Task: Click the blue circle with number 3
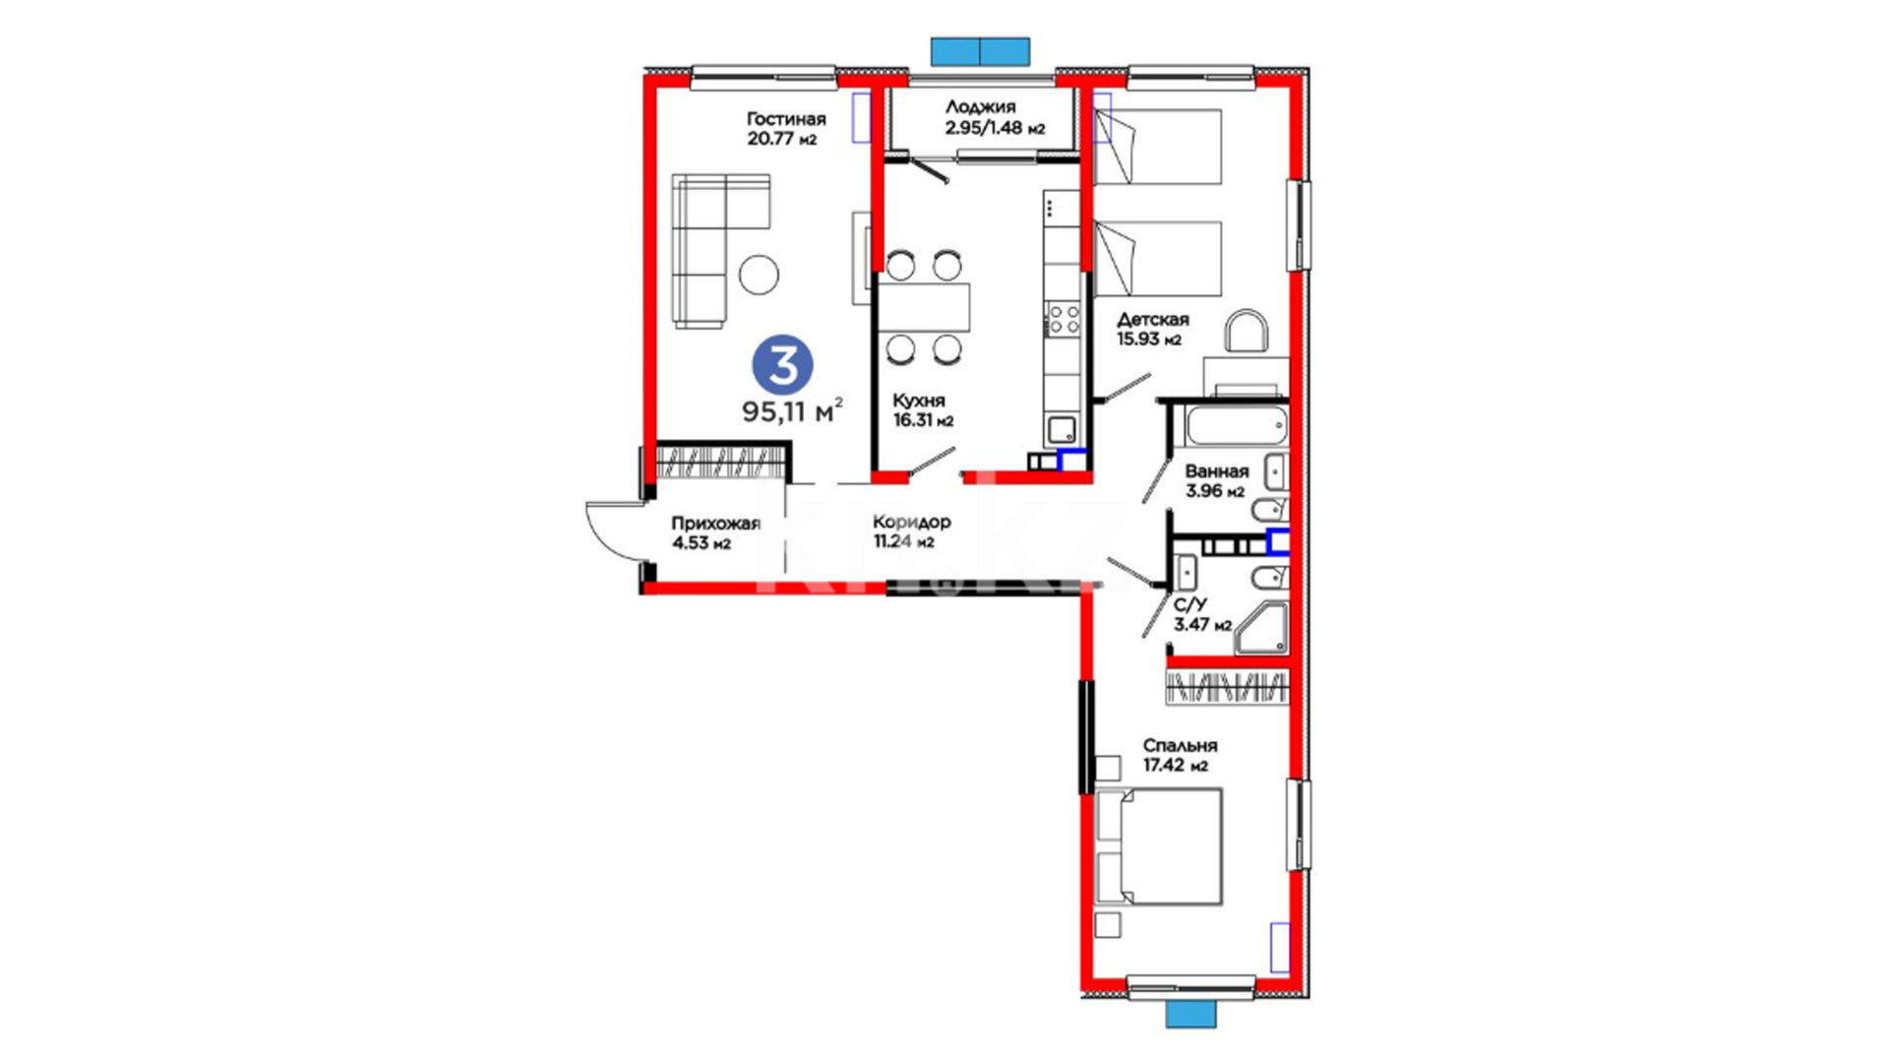pos(782,365)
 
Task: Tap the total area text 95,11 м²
pos(792,410)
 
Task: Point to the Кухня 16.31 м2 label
pos(923,410)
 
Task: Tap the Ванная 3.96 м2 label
pos(1216,481)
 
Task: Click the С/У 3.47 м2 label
pos(1202,615)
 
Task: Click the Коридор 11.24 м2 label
pos(912,531)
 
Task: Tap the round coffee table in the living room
pos(760,275)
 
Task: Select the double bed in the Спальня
pos(1158,846)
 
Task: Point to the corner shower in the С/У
pos(1261,628)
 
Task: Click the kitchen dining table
pos(924,307)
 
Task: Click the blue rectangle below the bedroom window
pos(1190,1014)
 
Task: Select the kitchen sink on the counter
pos(1062,430)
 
